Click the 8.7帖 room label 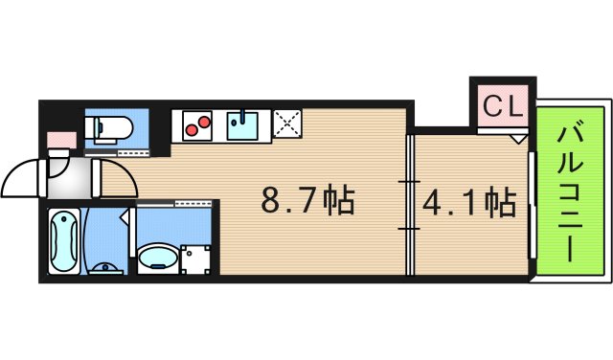(x=308, y=201)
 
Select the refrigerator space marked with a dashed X (x=287, y=124)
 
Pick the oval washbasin (x=154, y=257)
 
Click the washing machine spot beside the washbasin (x=196, y=258)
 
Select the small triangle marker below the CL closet (x=518, y=139)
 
